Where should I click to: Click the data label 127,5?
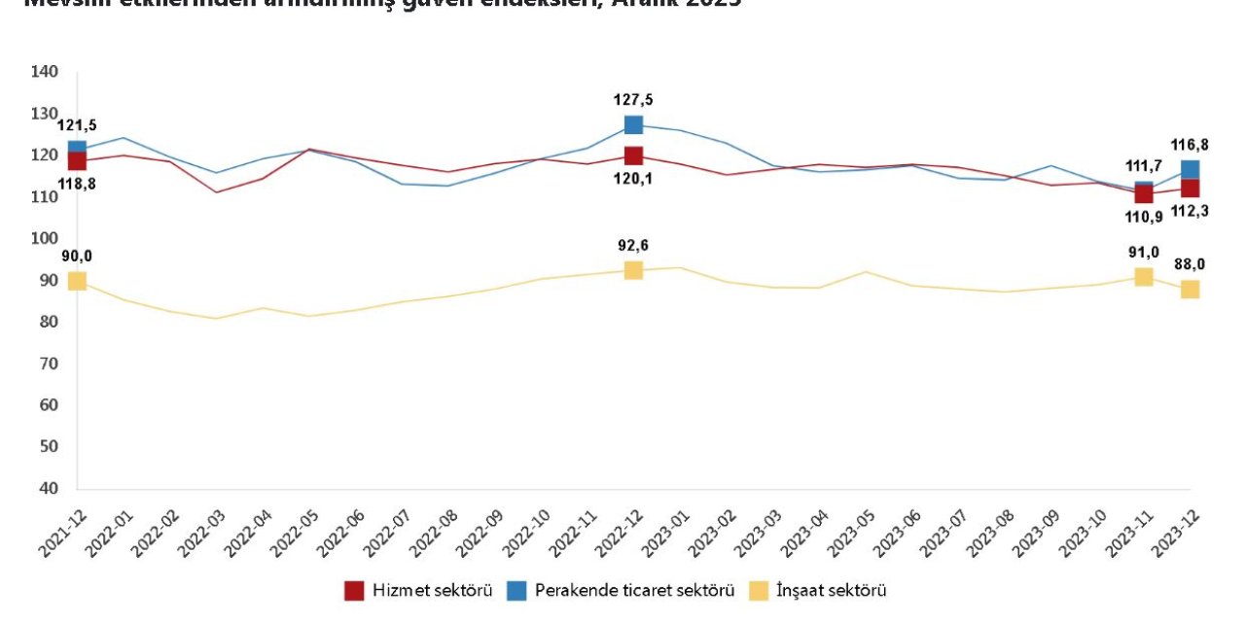[633, 99]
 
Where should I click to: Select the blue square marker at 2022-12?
[633, 124]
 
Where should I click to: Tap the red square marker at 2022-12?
[633, 155]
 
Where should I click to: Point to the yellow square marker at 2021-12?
[77, 281]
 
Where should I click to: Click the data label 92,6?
[633, 246]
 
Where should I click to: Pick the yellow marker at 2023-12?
[1190, 289]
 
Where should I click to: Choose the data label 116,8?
[1190, 145]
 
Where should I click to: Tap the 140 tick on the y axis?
[45, 72]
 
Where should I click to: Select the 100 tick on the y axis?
[45, 238]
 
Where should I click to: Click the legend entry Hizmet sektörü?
[418, 590]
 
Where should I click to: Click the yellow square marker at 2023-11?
[1143, 277]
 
